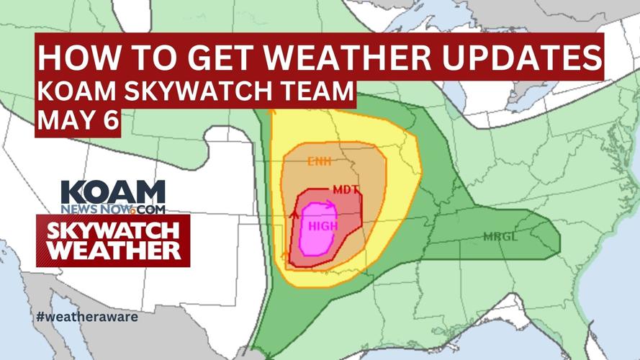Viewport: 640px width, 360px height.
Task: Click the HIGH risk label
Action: pos(323,226)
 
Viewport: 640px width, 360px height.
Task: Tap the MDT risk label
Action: pos(345,191)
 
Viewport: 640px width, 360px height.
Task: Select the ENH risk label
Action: pos(318,162)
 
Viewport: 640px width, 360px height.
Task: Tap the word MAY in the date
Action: pos(65,120)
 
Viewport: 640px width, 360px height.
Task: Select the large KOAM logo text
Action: pos(113,193)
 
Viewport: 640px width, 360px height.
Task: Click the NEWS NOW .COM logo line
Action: pos(113,210)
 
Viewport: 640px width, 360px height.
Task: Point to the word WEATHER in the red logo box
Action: pos(113,251)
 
